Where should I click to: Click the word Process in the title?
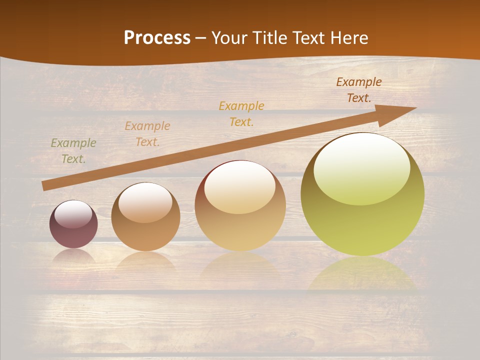[157, 38]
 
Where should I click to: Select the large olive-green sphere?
[362, 220]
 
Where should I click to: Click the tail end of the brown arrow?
[46, 185]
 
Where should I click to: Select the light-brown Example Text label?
[147, 134]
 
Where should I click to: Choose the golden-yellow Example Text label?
[241, 113]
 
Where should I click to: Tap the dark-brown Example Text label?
[359, 90]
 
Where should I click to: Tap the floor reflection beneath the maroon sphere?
[73, 256]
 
